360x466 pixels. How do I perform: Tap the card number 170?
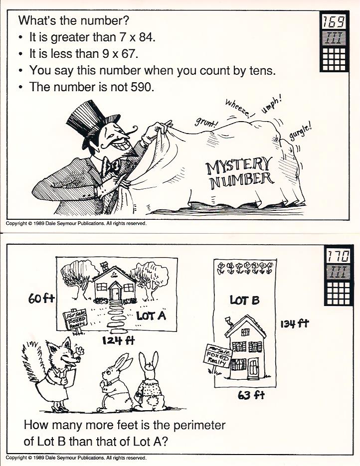click(x=339, y=256)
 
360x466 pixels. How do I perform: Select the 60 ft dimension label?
click(x=41, y=299)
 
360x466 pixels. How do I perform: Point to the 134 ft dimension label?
click(x=294, y=323)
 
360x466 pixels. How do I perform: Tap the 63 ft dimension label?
click(x=251, y=395)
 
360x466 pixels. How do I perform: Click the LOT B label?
click(x=244, y=300)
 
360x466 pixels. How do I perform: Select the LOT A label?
click(x=151, y=316)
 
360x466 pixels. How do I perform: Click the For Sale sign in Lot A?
click(x=75, y=320)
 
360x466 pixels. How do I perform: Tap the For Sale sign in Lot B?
click(x=217, y=356)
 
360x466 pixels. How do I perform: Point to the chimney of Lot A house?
click(x=105, y=266)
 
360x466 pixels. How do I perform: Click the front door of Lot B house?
click(x=253, y=368)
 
